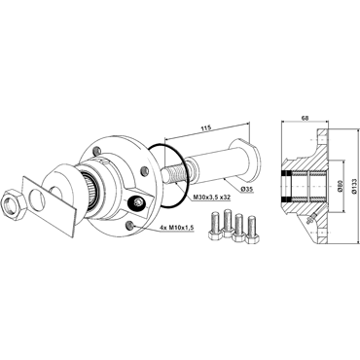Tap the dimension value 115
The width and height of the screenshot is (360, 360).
(206, 127)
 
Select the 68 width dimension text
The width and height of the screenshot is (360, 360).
(305, 118)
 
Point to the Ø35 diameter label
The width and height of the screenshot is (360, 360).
(247, 190)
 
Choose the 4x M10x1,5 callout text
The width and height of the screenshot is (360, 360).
(177, 228)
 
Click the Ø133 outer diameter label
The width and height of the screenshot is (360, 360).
(354, 186)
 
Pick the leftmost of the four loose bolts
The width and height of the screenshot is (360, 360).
(215, 226)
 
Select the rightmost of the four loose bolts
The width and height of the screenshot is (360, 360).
(252, 231)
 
